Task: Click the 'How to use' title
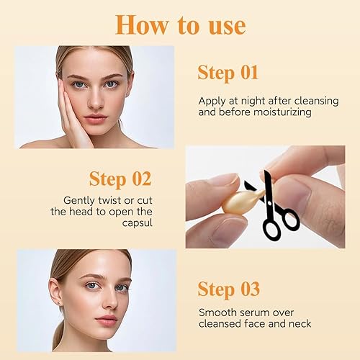[x=180, y=24]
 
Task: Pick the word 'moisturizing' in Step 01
[x=276, y=113]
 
